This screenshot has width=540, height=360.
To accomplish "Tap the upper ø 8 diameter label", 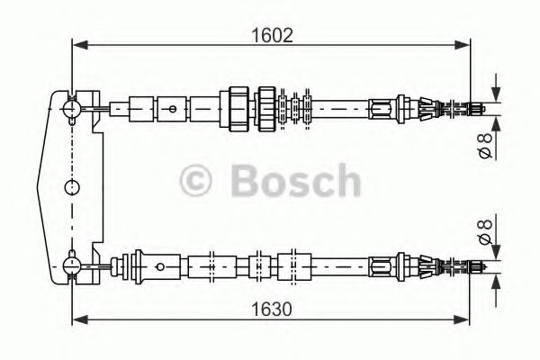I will [486, 144].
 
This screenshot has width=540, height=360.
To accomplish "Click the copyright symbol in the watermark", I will [201, 179].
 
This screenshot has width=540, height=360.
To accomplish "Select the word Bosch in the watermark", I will [293, 179].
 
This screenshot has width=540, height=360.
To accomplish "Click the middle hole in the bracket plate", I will [72, 186].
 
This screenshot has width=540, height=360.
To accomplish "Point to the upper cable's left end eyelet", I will [72, 108].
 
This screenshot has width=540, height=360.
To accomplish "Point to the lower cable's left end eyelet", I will [72, 265].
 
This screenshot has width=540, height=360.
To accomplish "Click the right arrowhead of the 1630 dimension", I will [464, 318].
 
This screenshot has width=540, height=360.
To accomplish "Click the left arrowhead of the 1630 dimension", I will [78, 318].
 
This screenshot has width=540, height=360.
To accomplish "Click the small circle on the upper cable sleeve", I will [171, 108].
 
